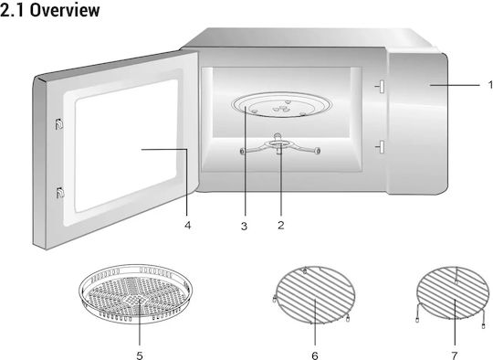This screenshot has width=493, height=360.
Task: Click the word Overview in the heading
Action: [65, 10]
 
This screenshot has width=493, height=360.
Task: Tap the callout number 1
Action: [490, 85]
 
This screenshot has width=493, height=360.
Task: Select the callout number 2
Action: [281, 225]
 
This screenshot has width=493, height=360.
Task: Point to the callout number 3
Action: [244, 226]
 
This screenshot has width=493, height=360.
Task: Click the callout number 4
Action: [187, 226]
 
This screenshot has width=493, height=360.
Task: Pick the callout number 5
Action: [140, 355]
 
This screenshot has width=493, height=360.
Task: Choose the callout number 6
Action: [315, 355]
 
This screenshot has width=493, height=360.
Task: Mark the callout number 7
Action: [455, 355]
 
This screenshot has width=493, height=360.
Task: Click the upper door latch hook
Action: [59, 124]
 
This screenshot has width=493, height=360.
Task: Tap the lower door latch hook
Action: [59, 192]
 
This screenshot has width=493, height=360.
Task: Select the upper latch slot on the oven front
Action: [382, 87]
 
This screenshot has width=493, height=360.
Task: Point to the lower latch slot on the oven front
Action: [382, 147]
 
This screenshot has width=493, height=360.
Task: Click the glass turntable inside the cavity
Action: [281, 105]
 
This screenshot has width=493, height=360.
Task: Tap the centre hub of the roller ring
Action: [278, 143]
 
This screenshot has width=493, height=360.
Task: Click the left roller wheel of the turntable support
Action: [242, 152]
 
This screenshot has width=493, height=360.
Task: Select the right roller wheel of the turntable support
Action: [318, 152]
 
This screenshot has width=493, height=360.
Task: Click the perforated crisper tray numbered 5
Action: [135, 293]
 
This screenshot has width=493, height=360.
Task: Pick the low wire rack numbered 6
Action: [315, 295]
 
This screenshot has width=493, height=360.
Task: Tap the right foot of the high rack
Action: [483, 326]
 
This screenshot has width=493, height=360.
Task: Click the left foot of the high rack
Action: [417, 321]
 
